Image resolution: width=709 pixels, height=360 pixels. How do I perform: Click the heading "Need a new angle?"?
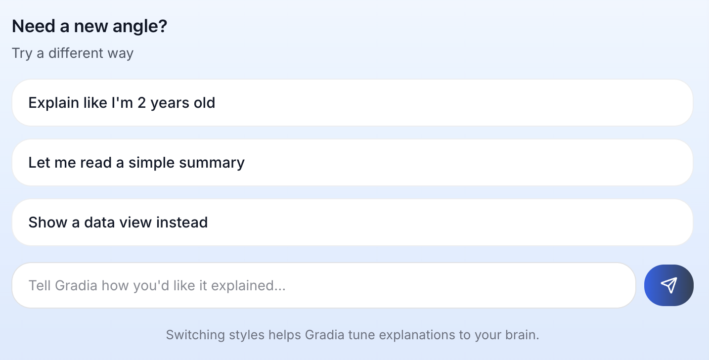(89, 26)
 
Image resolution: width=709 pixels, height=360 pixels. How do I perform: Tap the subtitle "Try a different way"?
(73, 53)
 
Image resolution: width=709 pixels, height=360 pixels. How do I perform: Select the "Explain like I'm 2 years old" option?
(352, 103)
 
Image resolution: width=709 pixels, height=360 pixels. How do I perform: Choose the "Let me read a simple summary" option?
(352, 163)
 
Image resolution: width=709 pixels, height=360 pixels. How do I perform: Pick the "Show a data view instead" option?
(352, 223)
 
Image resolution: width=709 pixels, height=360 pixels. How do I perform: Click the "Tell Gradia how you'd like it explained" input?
(323, 285)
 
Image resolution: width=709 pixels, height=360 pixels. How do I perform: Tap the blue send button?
(668, 285)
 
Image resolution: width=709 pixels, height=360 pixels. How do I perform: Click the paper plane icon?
(668, 285)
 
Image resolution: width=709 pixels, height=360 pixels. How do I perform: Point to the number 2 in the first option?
(142, 103)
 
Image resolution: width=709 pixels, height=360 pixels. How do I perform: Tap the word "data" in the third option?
(101, 223)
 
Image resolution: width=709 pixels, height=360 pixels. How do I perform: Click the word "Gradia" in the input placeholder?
(76, 285)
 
